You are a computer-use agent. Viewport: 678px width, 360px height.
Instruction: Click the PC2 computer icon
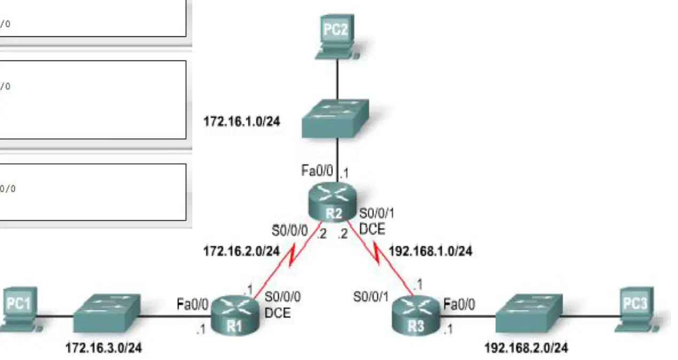point(336,37)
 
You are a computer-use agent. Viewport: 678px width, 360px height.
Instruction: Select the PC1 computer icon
point(19,309)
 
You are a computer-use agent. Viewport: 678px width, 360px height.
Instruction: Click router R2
point(332,202)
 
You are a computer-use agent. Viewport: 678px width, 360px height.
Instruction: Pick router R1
point(235,316)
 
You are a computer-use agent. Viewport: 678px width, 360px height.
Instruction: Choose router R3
point(416,316)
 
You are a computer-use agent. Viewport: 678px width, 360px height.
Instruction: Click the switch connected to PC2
point(336,119)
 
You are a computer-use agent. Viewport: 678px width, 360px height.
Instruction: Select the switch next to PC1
point(106,313)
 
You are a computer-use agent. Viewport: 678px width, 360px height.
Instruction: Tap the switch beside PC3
point(529,313)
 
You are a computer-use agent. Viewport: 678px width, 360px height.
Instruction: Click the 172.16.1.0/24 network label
point(242,122)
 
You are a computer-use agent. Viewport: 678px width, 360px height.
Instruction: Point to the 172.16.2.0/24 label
point(241,251)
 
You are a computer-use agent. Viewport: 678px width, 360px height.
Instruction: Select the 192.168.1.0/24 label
point(431,251)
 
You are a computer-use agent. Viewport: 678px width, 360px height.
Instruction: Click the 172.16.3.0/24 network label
point(104,348)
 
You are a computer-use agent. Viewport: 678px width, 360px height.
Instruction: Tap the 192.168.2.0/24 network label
point(526,348)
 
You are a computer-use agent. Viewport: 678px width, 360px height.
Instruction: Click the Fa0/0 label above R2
point(317,170)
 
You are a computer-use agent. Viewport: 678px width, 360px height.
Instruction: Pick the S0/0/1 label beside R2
point(377,214)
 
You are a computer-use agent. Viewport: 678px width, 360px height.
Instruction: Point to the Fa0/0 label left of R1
point(192,304)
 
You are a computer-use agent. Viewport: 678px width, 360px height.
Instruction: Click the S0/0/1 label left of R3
point(371,297)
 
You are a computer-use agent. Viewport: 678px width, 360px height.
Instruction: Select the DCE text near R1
point(277,313)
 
